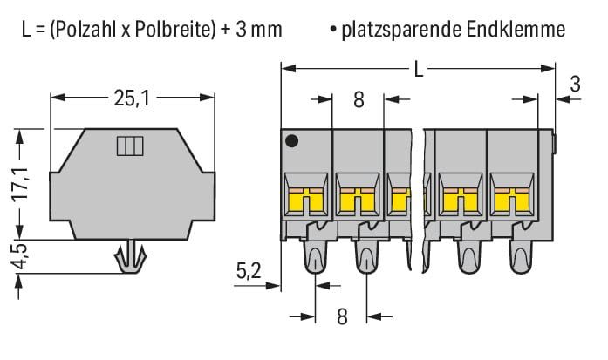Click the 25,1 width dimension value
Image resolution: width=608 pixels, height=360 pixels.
tap(132, 98)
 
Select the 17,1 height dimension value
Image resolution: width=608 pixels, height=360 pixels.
tap(20, 184)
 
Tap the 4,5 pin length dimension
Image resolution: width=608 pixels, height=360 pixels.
tap(20, 255)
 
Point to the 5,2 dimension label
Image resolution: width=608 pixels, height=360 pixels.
tap(249, 271)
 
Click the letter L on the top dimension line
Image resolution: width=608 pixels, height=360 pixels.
tap(419, 70)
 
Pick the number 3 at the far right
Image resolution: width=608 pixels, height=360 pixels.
tap(576, 84)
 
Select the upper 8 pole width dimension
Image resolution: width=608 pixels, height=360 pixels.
tap(359, 99)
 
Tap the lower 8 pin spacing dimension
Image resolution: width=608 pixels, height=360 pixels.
tap(342, 316)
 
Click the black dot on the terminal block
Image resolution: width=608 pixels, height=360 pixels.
tap(291, 140)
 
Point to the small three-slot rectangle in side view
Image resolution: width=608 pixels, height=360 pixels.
tap(130, 146)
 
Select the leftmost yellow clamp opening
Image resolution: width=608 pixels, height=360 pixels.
tap(306, 201)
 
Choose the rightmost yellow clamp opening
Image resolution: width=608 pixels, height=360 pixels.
tap(512, 201)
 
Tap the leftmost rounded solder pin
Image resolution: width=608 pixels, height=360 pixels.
tap(315, 256)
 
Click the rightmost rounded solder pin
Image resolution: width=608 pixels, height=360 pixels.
tap(521, 256)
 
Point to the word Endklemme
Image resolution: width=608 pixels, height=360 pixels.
tap(516, 30)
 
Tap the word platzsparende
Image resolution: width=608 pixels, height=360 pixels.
tap(402, 31)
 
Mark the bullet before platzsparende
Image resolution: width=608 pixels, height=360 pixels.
tap(333, 29)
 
